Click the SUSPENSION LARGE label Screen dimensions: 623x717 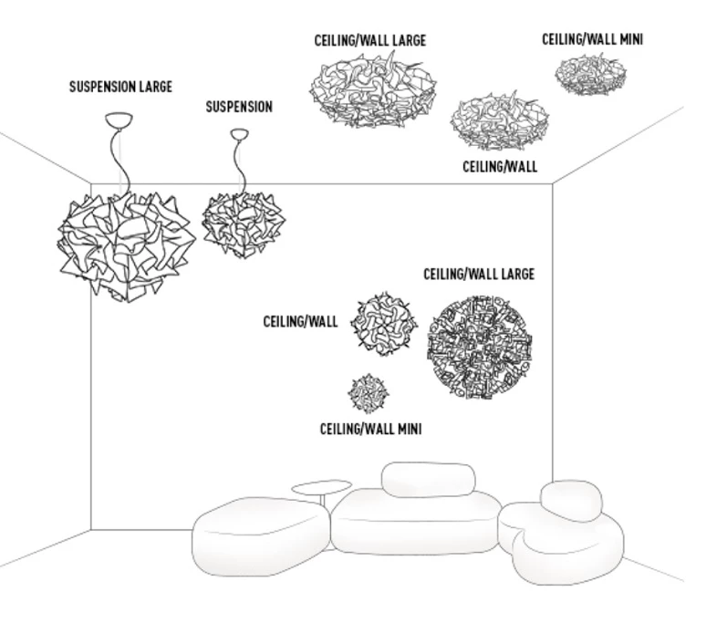(x=120, y=88)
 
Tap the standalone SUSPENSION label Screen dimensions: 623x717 (x=238, y=108)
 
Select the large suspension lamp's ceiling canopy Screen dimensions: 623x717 (x=119, y=119)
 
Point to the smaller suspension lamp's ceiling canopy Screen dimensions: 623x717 (x=239, y=134)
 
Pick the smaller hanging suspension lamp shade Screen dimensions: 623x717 (x=242, y=223)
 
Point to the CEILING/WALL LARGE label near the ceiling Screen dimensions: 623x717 (x=369, y=41)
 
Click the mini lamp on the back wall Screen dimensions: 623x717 (x=369, y=393)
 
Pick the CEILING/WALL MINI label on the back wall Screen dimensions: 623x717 (x=369, y=429)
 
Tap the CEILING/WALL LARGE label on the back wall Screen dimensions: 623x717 (x=478, y=274)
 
